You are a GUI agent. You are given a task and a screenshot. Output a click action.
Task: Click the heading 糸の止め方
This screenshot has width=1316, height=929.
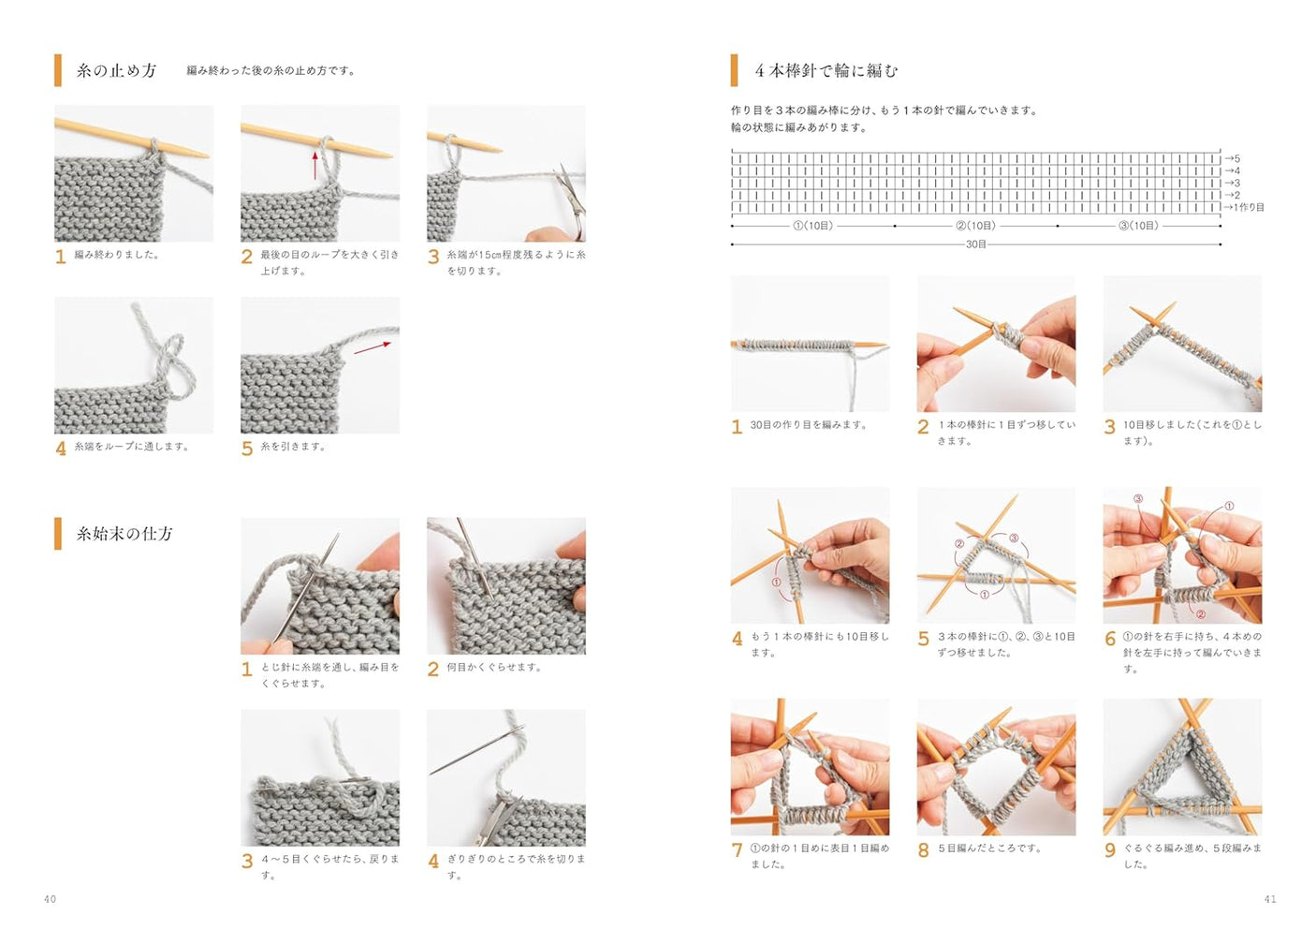click(x=116, y=71)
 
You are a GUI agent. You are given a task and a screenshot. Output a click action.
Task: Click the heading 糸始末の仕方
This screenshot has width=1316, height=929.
click(x=124, y=534)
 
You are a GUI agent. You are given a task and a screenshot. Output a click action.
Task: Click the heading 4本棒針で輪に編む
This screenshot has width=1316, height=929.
click(x=826, y=71)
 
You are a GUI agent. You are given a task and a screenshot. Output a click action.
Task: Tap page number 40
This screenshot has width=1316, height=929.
click(x=50, y=899)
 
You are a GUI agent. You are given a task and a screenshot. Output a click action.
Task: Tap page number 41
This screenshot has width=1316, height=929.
click(x=1269, y=899)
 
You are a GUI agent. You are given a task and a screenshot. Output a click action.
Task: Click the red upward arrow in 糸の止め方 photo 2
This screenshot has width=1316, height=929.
click(x=314, y=166)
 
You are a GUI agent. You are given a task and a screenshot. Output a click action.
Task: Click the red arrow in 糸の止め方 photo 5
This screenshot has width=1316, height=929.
click(x=373, y=347)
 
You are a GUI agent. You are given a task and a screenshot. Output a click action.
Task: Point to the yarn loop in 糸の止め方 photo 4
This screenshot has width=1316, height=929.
click(x=171, y=361)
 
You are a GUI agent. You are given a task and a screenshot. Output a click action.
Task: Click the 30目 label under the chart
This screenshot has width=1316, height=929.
click(x=975, y=244)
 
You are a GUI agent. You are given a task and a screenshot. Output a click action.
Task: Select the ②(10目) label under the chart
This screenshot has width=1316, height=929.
click(x=975, y=226)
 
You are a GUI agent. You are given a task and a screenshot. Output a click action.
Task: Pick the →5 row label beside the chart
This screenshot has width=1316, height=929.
click(x=1233, y=159)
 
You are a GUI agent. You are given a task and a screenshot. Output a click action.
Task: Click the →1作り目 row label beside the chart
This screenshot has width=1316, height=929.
click(x=1244, y=208)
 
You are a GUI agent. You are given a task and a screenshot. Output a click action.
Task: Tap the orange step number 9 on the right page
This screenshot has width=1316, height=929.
click(x=1110, y=850)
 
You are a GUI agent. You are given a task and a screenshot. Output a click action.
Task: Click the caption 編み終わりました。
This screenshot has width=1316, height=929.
click(x=116, y=255)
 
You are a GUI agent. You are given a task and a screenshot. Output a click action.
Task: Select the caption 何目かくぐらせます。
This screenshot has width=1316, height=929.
click(x=493, y=668)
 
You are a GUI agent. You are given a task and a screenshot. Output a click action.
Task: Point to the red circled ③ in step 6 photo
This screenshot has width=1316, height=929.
click(x=1138, y=499)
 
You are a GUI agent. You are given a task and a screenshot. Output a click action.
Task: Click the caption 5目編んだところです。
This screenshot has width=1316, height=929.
click(x=989, y=848)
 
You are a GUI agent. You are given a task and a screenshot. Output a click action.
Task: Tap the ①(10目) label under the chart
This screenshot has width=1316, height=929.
click(x=812, y=226)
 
